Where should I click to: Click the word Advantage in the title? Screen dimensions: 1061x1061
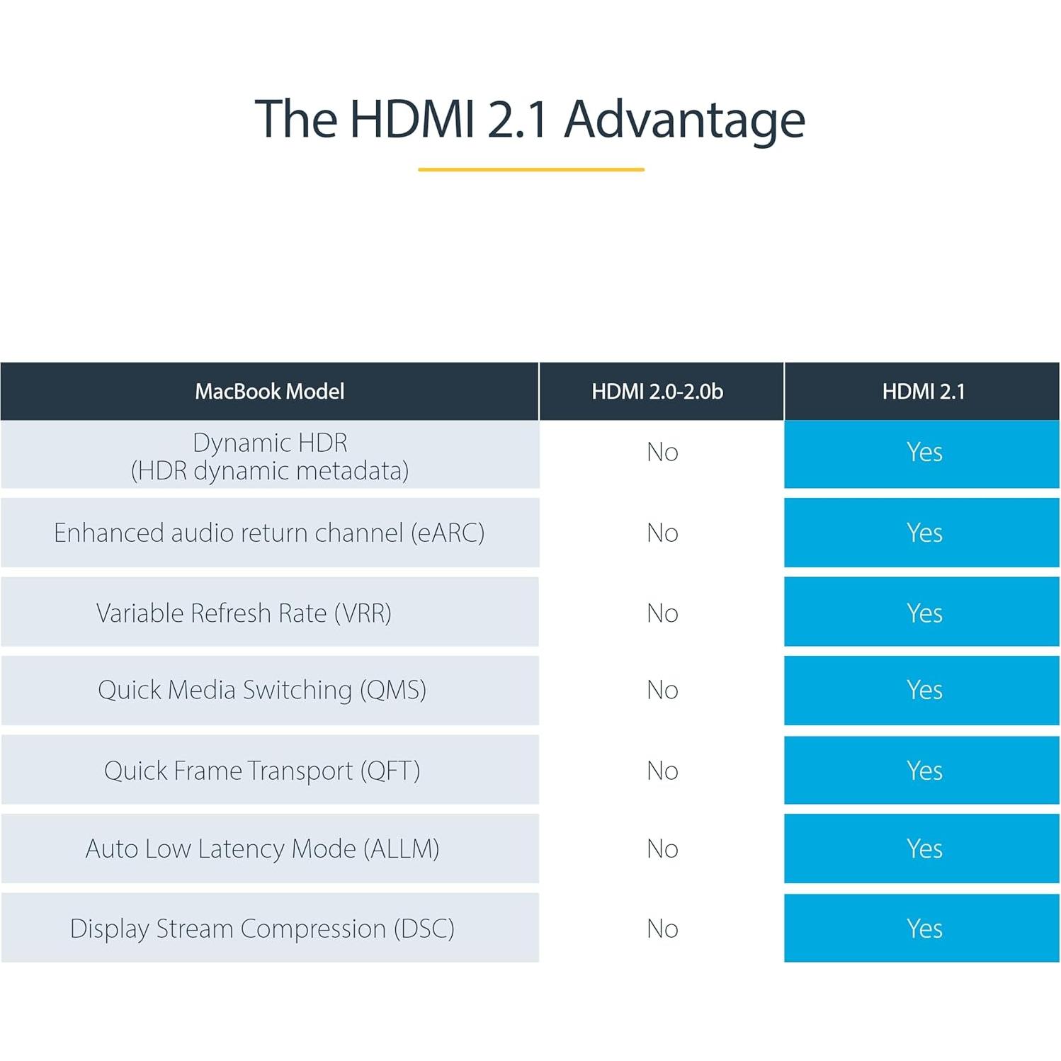684,119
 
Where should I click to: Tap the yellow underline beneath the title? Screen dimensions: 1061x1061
530,170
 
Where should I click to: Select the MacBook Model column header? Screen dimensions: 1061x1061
269,392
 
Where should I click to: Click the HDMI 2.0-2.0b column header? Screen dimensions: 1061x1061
657,392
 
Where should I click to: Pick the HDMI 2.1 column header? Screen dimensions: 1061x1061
923,392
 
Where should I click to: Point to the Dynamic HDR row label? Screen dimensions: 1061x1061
269,456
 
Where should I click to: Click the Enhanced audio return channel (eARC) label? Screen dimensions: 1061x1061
269,533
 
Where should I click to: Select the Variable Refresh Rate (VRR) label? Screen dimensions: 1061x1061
244,613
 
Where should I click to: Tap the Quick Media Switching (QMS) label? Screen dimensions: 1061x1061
262,690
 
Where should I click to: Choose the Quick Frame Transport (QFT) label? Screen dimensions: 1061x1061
262,771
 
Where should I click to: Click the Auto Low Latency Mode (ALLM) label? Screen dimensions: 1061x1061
262,849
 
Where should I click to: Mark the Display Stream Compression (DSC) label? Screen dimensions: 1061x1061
262,929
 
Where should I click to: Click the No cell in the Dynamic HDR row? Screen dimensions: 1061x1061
662,453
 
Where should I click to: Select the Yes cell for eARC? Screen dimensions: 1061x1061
924,533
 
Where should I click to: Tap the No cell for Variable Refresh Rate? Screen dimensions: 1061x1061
662,613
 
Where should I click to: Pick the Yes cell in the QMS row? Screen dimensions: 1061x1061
924,690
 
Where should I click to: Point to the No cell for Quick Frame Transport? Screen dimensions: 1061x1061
662,771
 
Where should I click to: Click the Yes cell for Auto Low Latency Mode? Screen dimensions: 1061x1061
924,849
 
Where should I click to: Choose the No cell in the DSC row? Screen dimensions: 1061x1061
662,929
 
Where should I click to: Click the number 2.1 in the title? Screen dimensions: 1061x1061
518,119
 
